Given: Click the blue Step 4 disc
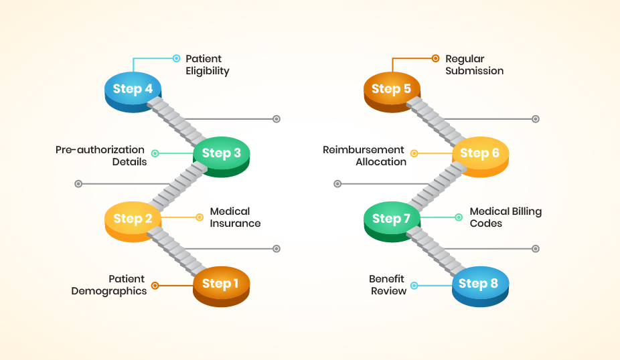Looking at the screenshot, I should pyautogui.click(x=133, y=90).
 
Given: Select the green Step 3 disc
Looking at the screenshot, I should pyautogui.click(x=221, y=154).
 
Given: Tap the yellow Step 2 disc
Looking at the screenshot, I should pyautogui.click(x=133, y=219).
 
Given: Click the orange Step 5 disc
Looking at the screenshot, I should pyautogui.click(x=392, y=90).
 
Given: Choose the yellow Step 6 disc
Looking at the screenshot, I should pyautogui.click(x=479, y=154).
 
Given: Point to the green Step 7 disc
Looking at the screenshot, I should pyautogui.click(x=392, y=219).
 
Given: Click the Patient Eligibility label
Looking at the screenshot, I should pyautogui.click(x=208, y=65).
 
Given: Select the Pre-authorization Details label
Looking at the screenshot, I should pyautogui.click(x=100, y=155).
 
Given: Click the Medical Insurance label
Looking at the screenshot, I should pyautogui.click(x=235, y=217).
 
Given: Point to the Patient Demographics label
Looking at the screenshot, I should pyautogui.click(x=108, y=285).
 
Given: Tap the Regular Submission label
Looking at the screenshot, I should pyautogui.click(x=474, y=65).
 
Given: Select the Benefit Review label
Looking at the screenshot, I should pyautogui.click(x=388, y=285).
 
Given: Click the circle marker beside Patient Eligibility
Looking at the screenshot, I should pyautogui.click(x=177, y=58).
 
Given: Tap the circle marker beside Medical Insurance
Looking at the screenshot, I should pyautogui.click(x=200, y=217).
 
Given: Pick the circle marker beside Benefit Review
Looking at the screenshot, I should pyautogui.click(x=414, y=285).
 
